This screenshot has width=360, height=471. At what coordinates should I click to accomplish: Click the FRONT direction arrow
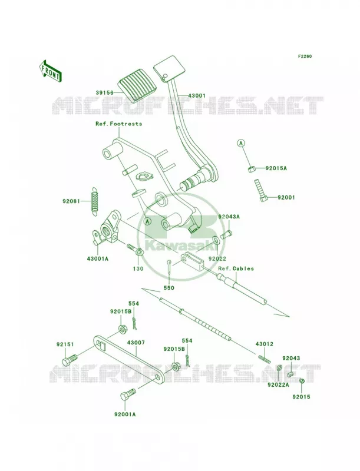pyautogui.click(x=50, y=71)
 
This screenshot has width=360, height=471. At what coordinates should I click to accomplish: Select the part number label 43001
pyautogui.click(x=197, y=96)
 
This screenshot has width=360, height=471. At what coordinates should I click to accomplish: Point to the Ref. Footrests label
pyautogui.click(x=118, y=124)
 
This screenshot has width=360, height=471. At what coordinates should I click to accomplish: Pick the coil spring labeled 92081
pyautogui.click(x=95, y=200)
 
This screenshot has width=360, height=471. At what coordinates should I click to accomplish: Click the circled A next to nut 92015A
pyautogui.click(x=241, y=144)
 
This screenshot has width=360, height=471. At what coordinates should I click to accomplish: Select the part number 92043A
pyautogui.click(x=229, y=217)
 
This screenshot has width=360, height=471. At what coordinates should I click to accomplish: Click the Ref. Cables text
pyautogui.click(x=236, y=268)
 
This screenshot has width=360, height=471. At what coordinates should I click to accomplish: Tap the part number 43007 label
pyautogui.click(x=136, y=343)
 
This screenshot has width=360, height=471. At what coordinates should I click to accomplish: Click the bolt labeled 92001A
pyautogui.click(x=128, y=394)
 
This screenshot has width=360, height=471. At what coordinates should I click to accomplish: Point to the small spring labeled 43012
pyautogui.click(x=265, y=359)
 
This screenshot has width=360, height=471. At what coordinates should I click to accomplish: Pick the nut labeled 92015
pyautogui.click(x=303, y=382)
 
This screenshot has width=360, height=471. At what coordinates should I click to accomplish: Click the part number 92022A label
pyautogui.click(x=278, y=384)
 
